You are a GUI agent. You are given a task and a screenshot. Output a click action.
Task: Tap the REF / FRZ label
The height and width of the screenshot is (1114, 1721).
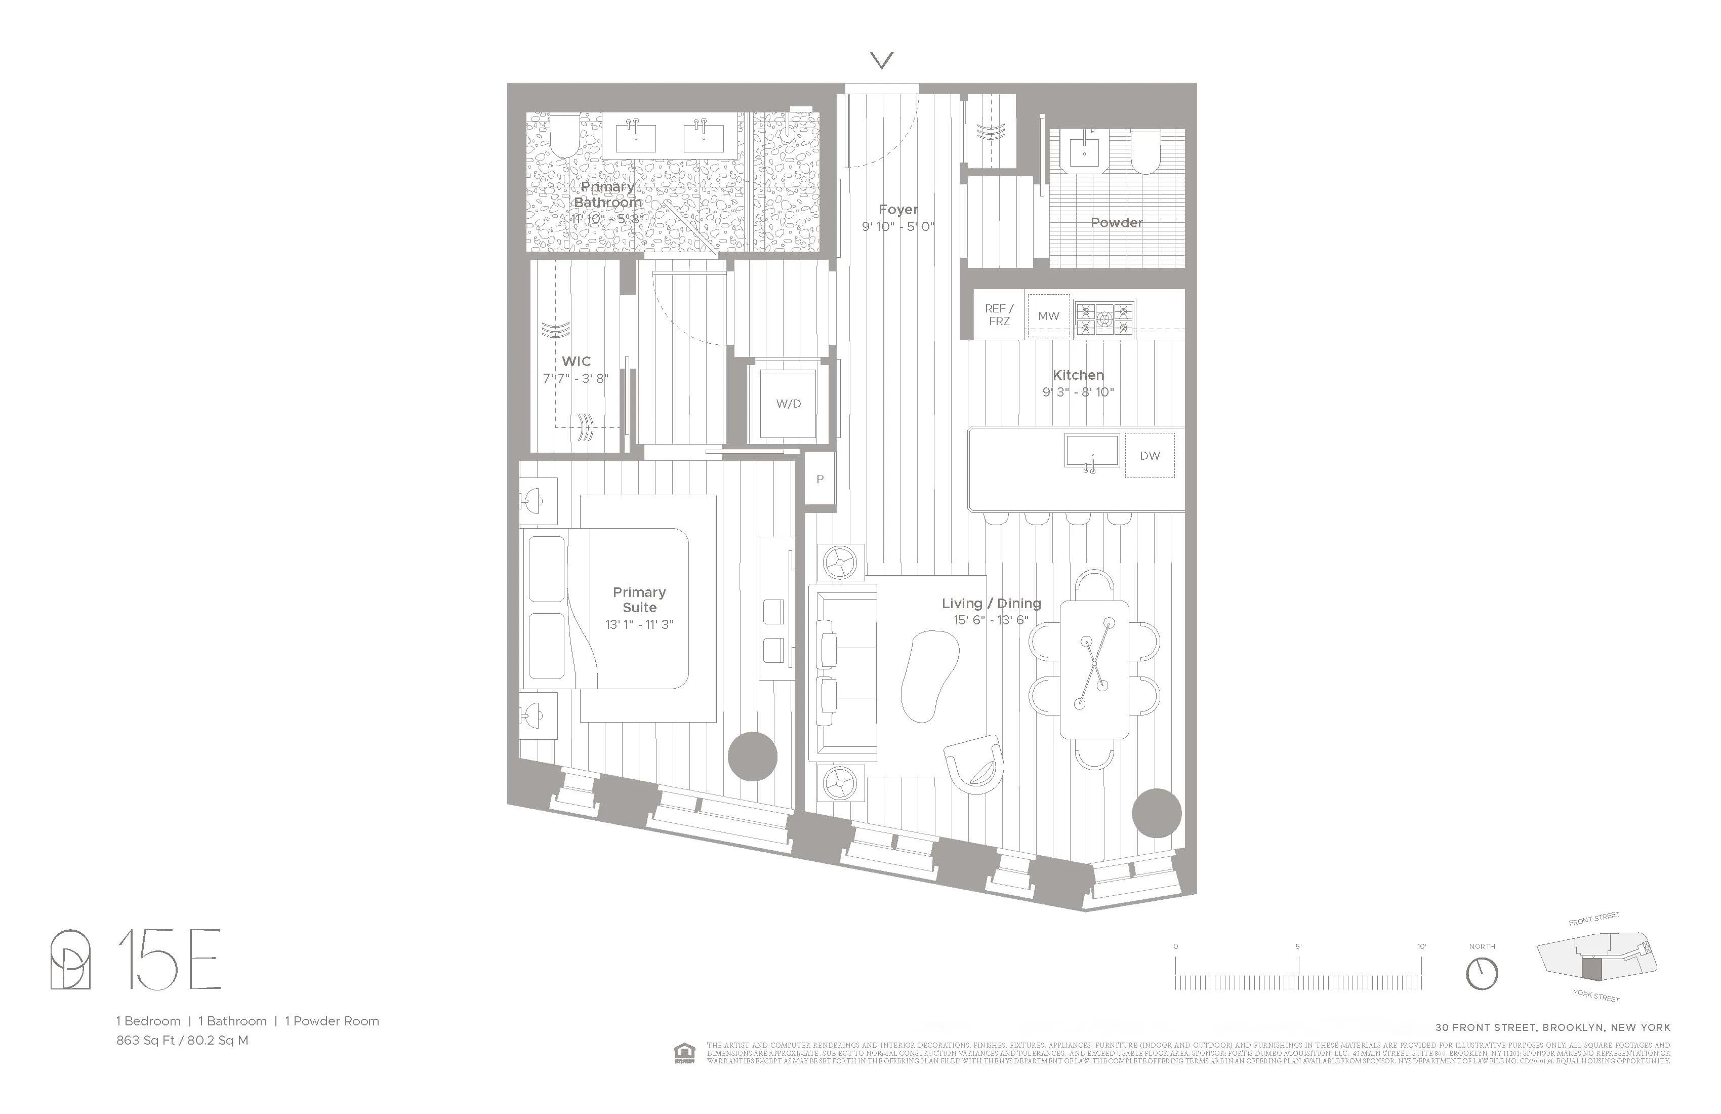click(x=999, y=314)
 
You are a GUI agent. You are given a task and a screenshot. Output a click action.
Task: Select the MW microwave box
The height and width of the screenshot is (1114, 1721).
click(x=1048, y=316)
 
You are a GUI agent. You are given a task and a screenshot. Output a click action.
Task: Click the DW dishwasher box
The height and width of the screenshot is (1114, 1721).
click(x=1149, y=456)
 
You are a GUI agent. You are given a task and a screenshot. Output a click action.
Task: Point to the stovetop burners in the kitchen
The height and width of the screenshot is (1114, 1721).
click(x=1103, y=319)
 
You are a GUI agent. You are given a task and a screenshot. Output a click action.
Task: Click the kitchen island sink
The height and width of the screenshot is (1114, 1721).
click(x=1091, y=451)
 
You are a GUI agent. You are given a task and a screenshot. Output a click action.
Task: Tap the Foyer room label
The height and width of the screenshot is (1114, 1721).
click(x=898, y=210)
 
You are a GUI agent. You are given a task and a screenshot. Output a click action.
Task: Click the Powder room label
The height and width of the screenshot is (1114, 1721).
click(x=1117, y=223)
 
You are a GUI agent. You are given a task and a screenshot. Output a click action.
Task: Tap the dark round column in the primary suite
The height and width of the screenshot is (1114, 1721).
click(x=752, y=757)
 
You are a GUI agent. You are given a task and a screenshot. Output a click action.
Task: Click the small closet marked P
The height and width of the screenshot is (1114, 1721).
click(x=819, y=479)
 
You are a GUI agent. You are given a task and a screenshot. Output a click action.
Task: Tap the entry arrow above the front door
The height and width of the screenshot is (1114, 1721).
click(x=881, y=60)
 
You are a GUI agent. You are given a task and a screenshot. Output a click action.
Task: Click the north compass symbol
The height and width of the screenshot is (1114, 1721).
click(x=1482, y=974)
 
